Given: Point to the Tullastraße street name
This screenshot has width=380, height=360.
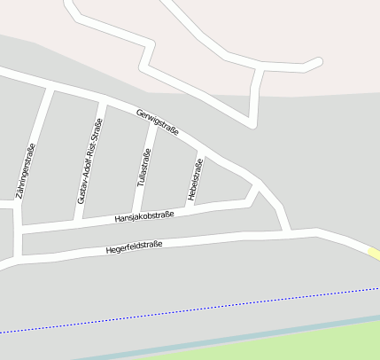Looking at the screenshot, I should pyautogui.click(x=143, y=167).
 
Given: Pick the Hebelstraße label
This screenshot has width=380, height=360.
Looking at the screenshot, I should pyautogui.click(x=194, y=178).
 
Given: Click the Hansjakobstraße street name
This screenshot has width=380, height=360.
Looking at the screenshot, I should pyautogui.click(x=144, y=216).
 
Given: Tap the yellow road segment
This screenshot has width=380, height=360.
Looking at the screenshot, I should pyautogui.click(x=375, y=254).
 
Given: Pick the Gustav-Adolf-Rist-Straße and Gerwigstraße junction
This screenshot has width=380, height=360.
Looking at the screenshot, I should pyautogui.click(x=102, y=100).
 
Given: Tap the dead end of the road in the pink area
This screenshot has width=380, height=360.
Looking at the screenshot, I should pyautogui.click(x=318, y=62).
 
